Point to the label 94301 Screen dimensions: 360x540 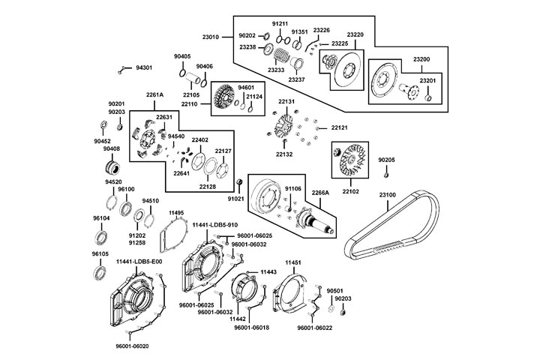(x=143, y=67)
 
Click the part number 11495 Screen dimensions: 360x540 (x=176, y=213)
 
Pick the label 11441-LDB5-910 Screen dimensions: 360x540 (x=214, y=225)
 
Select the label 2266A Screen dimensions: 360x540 (x=321, y=193)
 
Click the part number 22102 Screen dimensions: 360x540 (x=352, y=191)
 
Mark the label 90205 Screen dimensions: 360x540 (x=386, y=160)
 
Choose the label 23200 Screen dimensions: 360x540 (x=421, y=59)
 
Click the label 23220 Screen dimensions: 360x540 (x=355, y=35)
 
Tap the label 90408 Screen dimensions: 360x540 (x=112, y=149)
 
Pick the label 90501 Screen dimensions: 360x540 (x=334, y=290)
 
